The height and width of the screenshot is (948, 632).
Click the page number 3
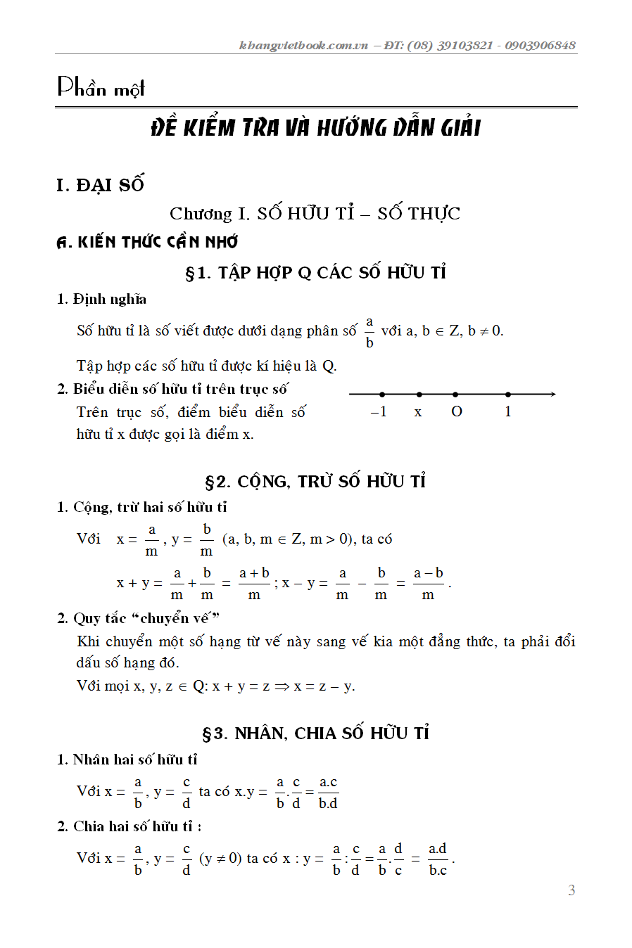[x=571, y=890]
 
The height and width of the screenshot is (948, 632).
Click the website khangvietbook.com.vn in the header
[x=303, y=46]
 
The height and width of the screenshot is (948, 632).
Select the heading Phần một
[x=101, y=88]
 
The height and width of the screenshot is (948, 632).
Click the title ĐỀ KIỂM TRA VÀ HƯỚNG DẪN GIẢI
[x=316, y=128]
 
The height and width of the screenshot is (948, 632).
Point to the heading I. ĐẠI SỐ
[x=100, y=185]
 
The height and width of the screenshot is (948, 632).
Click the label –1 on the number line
[x=379, y=412]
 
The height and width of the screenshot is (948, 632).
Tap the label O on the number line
[x=457, y=412]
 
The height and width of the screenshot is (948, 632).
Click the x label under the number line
[x=418, y=413]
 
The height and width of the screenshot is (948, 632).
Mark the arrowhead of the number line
[x=552, y=394]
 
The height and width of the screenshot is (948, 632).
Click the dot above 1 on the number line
[x=508, y=395]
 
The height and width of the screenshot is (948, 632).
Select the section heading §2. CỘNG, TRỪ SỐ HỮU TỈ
[x=315, y=482]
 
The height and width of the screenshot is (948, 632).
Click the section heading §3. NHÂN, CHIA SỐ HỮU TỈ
[x=315, y=734]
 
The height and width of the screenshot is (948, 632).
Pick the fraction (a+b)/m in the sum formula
[x=254, y=584]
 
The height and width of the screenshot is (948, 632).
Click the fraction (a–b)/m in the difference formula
[x=428, y=584]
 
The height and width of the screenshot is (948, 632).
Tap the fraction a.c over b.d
[x=328, y=793]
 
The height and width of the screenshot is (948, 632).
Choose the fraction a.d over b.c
[x=438, y=859]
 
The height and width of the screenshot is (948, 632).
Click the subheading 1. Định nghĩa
[x=101, y=299]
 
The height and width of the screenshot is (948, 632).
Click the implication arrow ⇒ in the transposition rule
[x=282, y=686]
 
